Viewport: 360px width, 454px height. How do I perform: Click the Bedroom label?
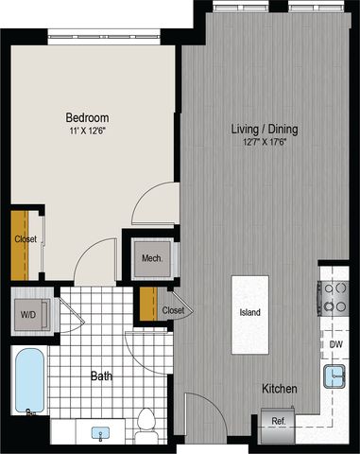click(x=87, y=117)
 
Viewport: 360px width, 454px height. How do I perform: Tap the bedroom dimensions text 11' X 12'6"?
click(x=87, y=131)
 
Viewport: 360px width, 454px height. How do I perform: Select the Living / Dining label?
click(x=265, y=129)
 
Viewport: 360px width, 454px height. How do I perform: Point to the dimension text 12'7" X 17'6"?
click(x=265, y=142)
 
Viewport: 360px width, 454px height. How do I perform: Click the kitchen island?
click(x=250, y=315)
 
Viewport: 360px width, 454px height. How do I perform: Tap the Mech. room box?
click(x=152, y=258)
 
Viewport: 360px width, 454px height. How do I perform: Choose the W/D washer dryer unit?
click(x=30, y=314)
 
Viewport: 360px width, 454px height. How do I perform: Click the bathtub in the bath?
click(x=29, y=380)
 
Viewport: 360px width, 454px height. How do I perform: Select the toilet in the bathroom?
click(x=146, y=427)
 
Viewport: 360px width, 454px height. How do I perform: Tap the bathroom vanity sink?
click(x=100, y=432)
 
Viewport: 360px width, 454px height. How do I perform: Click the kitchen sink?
click(x=334, y=376)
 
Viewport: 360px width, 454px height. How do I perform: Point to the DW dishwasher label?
click(x=336, y=344)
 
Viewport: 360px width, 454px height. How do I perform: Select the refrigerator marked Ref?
click(x=279, y=425)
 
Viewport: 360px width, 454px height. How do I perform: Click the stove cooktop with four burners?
click(x=334, y=297)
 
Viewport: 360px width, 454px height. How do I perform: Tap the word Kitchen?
click(x=280, y=389)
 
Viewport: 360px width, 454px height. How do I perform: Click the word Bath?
click(x=101, y=375)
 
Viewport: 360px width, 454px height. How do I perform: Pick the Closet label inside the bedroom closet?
click(x=26, y=239)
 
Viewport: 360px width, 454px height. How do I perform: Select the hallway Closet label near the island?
click(x=173, y=310)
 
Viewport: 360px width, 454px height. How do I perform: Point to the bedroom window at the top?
click(x=104, y=37)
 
